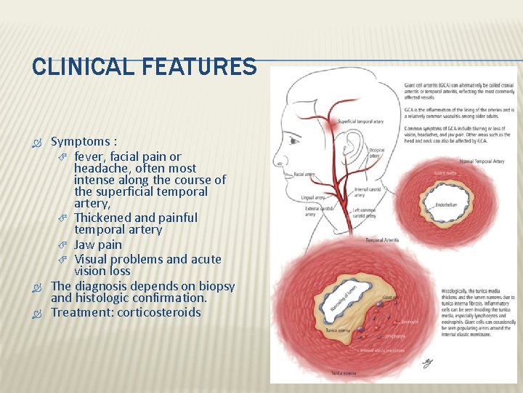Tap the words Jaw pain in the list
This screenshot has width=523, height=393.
98,245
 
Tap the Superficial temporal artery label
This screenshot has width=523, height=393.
361,122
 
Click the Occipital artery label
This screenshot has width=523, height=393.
376,152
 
